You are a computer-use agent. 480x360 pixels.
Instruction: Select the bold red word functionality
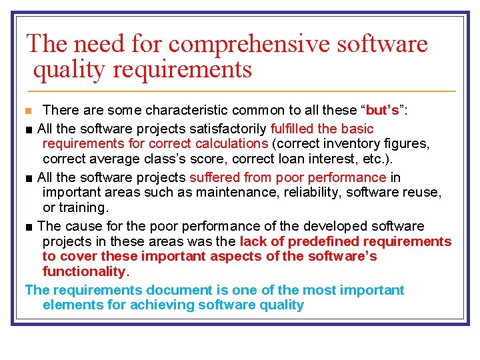coord(83,271)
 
